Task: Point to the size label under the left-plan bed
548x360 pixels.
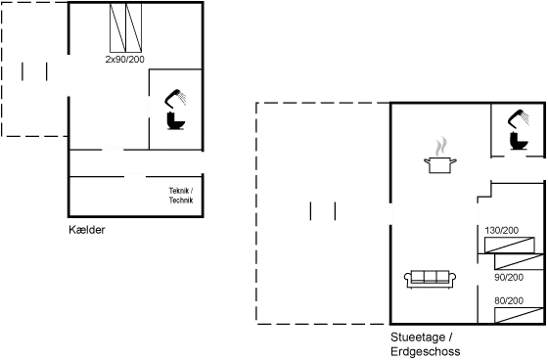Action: (x=124, y=60)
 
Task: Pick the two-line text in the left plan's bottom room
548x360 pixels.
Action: (x=179, y=194)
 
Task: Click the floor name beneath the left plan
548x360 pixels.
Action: (x=88, y=230)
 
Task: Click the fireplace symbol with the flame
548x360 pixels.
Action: (x=440, y=157)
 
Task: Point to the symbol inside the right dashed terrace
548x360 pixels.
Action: (x=322, y=210)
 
